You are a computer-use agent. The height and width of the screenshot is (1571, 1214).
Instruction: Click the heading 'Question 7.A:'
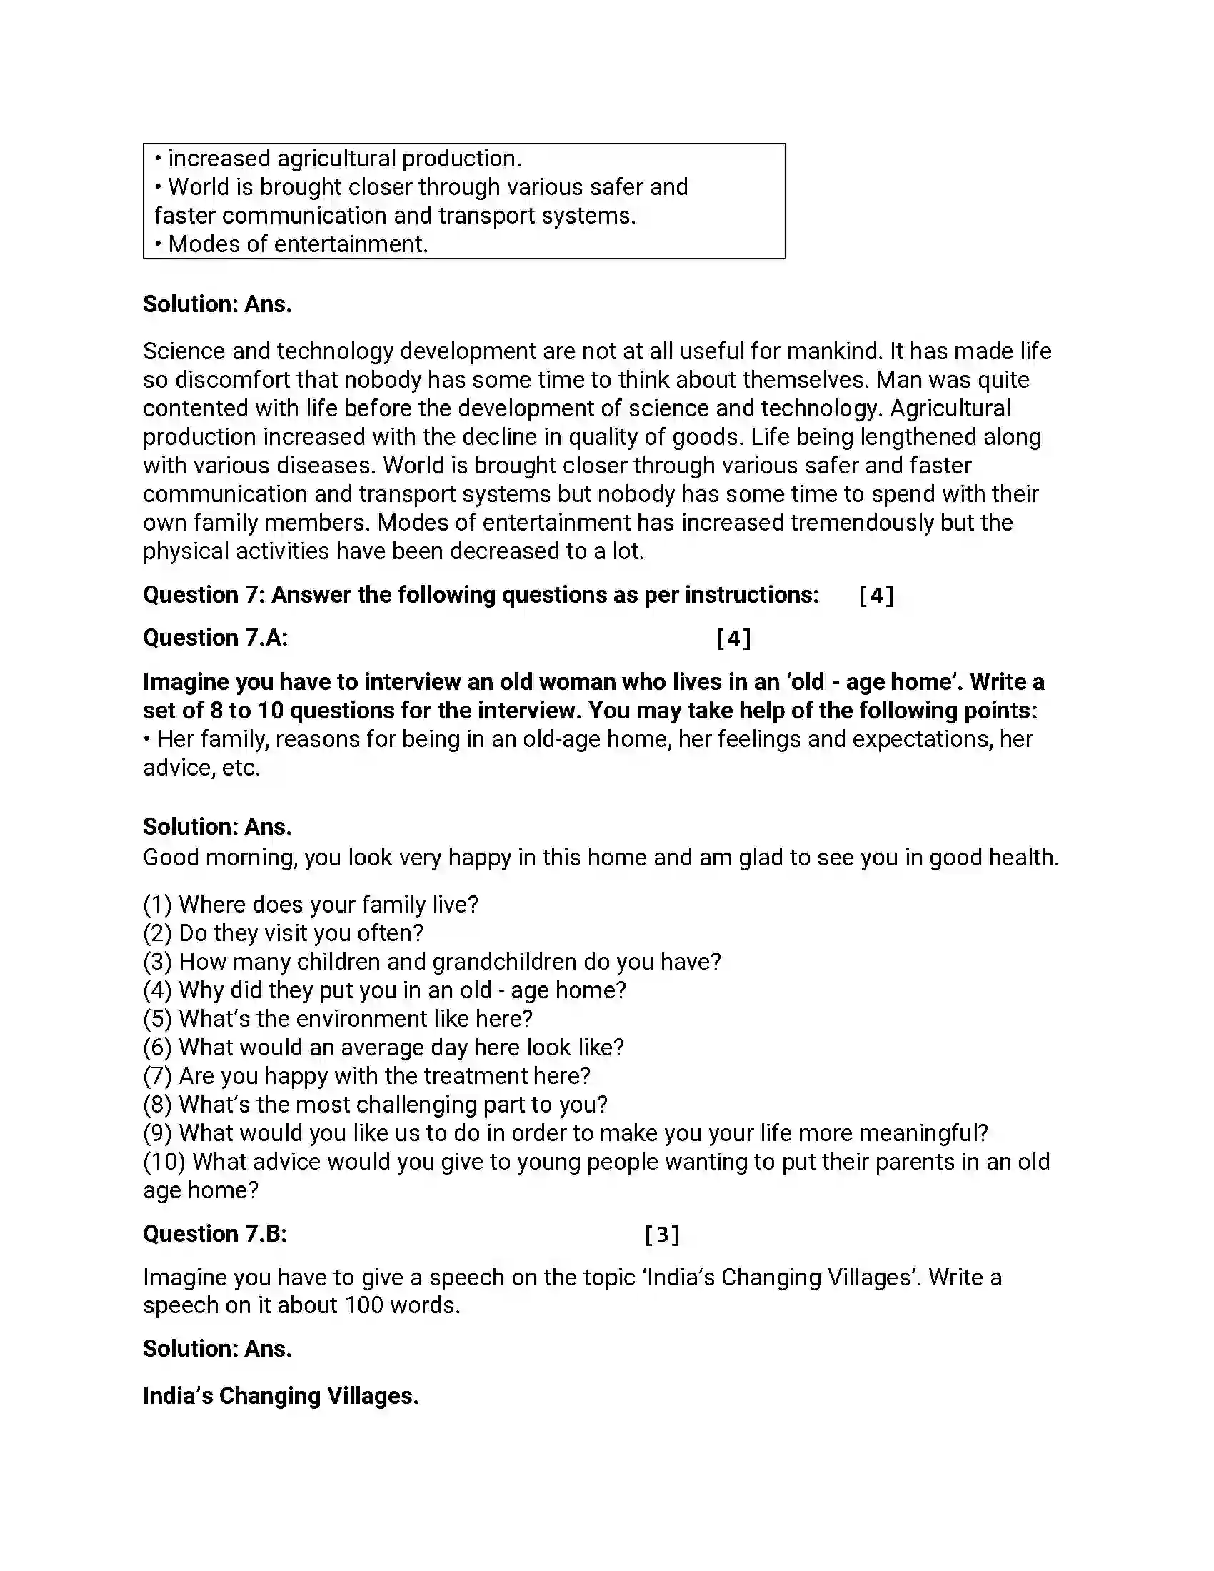pos(215,638)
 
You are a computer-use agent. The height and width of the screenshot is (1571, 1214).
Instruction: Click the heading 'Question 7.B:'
pos(214,1235)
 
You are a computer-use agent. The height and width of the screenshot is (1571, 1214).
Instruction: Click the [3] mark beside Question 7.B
pos(662,1235)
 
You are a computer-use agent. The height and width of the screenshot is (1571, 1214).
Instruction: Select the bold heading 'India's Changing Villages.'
pos(281,1396)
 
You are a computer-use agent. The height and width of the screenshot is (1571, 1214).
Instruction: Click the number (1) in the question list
pos(157,905)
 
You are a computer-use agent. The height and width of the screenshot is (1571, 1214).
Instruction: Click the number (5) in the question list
pos(157,1019)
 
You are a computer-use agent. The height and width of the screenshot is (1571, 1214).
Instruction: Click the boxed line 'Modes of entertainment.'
pos(298,244)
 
